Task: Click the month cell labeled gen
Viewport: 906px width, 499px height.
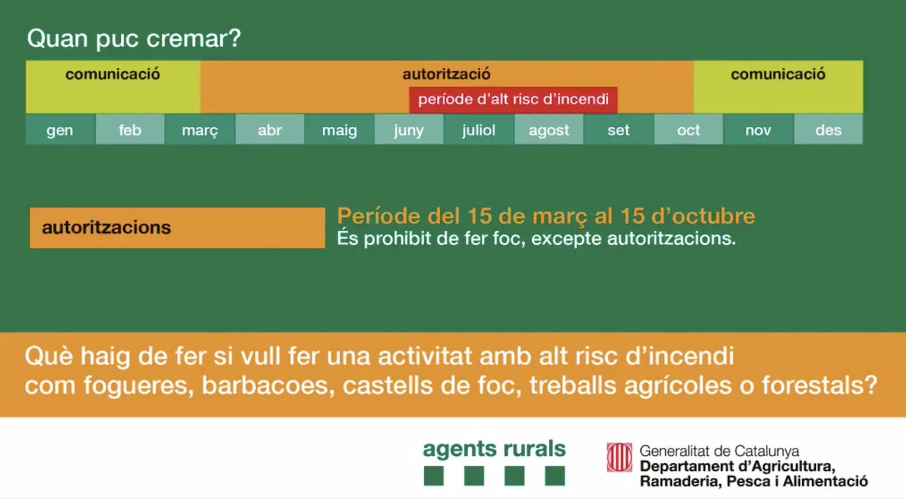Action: pyautogui.click(x=61, y=129)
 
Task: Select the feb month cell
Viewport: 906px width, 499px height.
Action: pyautogui.click(x=130, y=129)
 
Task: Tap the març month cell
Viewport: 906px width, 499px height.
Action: pyautogui.click(x=200, y=129)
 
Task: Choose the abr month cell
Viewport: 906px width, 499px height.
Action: pyautogui.click(x=269, y=129)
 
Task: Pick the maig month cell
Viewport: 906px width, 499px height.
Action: pyautogui.click(x=340, y=129)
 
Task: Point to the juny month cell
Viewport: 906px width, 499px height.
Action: pyautogui.click(x=410, y=129)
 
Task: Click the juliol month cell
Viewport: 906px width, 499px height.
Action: pyautogui.click(x=480, y=129)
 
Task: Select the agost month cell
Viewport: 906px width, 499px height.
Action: pyautogui.click(x=549, y=129)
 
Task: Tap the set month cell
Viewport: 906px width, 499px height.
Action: pyautogui.click(x=619, y=129)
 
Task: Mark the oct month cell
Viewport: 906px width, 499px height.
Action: pyautogui.click(x=688, y=129)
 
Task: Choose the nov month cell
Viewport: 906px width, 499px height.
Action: pyautogui.click(x=758, y=129)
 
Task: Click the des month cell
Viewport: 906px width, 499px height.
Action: pyautogui.click(x=828, y=129)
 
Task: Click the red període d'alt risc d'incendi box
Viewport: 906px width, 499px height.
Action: pyautogui.click(x=513, y=100)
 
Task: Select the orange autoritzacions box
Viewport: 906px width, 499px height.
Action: pyautogui.click(x=178, y=228)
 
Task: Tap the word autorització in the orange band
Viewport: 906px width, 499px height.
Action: pyautogui.click(x=446, y=74)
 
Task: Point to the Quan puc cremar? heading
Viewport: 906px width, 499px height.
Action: pyautogui.click(x=134, y=39)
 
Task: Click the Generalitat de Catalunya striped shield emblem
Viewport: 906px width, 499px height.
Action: pyautogui.click(x=619, y=457)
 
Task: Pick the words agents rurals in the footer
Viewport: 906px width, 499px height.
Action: pyautogui.click(x=494, y=450)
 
